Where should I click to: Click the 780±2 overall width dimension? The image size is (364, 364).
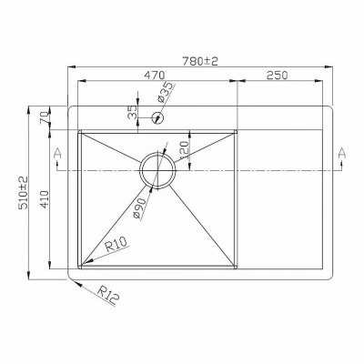click(x=200, y=61)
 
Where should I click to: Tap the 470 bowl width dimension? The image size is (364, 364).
click(x=154, y=75)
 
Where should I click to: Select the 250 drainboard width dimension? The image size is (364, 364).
click(x=277, y=75)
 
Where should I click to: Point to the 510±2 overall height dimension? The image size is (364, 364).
click(x=24, y=193)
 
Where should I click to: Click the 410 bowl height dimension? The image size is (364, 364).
click(x=45, y=199)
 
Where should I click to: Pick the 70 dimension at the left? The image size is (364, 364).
click(x=45, y=117)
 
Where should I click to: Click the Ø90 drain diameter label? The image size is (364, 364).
click(x=140, y=208)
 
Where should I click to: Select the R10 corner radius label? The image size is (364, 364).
click(x=117, y=246)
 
